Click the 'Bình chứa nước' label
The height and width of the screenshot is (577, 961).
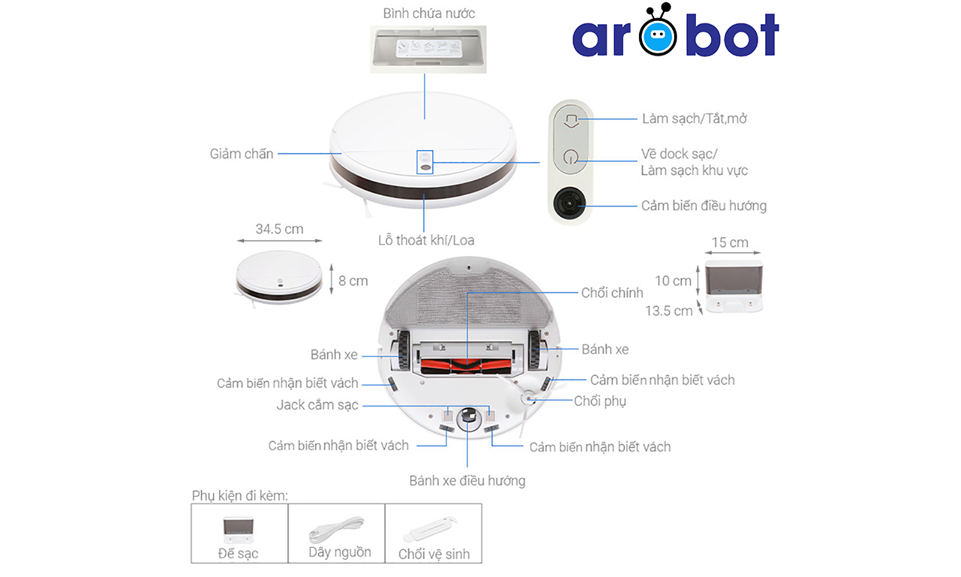coord(429,14)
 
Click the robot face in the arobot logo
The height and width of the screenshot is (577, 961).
coord(658,34)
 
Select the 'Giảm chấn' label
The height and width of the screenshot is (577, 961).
coord(242,154)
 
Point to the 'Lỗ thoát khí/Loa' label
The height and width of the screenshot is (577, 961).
coord(426,240)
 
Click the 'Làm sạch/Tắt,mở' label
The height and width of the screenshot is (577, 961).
coord(694,119)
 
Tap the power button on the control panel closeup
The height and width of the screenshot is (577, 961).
coord(570,159)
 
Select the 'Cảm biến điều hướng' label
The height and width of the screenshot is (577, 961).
coord(703,206)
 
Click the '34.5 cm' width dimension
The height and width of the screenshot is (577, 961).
coord(279,229)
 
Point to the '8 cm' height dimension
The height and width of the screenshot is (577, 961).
coord(353,280)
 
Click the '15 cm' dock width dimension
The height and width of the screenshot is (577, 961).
coord(730,243)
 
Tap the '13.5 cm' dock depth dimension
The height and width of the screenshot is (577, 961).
coord(668,310)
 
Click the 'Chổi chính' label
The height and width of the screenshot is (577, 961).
coord(612,293)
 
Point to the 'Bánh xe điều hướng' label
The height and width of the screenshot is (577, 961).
coord(467,481)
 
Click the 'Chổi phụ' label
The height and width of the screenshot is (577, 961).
coord(600,401)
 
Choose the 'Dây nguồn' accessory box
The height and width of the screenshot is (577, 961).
coord(336,533)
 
